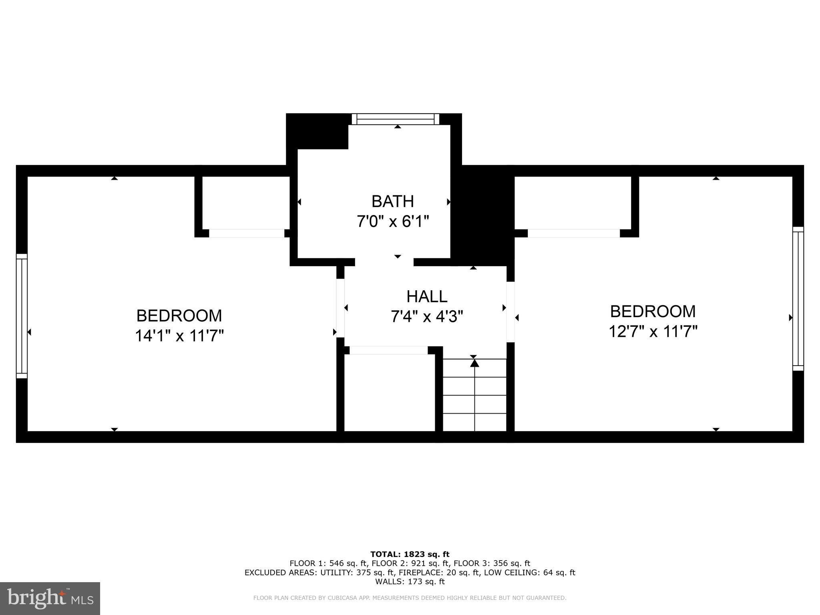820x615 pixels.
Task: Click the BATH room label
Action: tap(392, 201)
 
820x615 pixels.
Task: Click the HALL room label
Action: tap(427, 297)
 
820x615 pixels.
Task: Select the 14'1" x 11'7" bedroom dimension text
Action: tap(179, 336)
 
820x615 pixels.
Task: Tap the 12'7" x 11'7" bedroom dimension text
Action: tap(653, 332)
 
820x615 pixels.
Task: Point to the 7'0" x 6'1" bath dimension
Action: tap(392, 221)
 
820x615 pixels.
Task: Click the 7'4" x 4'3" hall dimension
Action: tap(427, 317)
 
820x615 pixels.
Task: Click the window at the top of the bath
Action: tap(396, 119)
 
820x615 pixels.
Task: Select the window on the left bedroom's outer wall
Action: tap(22, 316)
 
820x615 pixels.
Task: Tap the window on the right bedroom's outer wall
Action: tap(798, 299)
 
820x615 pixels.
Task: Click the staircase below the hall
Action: tap(474, 394)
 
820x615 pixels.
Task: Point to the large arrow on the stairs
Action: tap(474, 363)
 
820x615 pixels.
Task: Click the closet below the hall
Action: tap(389, 392)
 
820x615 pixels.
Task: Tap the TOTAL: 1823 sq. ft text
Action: tap(410, 554)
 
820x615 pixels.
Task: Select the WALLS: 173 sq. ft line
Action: tap(410, 581)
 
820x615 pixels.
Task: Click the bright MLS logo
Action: tap(50, 598)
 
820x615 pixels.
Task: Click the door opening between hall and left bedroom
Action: tap(340, 308)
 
